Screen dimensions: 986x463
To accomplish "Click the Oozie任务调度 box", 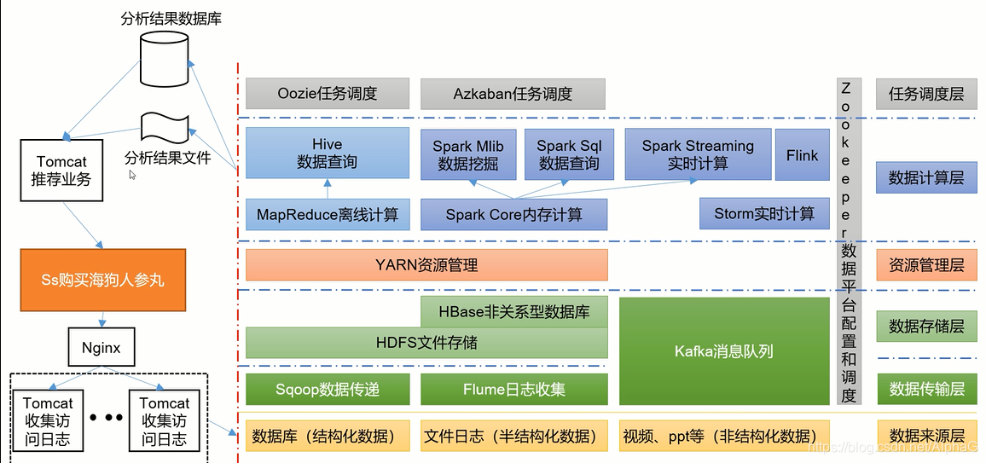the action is (x=328, y=95).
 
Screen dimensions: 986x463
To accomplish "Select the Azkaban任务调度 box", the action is (x=513, y=95).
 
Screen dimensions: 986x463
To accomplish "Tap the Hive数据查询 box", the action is (x=327, y=153).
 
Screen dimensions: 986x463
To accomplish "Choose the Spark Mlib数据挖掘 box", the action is (x=468, y=154).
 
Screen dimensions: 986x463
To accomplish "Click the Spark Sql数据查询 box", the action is (x=569, y=154).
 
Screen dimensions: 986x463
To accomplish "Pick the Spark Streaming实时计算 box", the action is (x=698, y=154).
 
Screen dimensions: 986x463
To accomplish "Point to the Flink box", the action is (x=803, y=154).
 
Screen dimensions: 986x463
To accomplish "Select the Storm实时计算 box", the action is (x=764, y=214).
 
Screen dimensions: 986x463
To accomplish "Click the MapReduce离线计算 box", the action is (x=328, y=215).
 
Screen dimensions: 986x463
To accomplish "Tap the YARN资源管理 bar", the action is (x=427, y=265).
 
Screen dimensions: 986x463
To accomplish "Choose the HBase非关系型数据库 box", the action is (x=514, y=311).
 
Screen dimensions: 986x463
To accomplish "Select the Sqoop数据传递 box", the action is (x=328, y=390).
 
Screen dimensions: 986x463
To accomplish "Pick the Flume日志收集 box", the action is (x=514, y=390).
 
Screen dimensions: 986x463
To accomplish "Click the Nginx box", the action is (x=101, y=346).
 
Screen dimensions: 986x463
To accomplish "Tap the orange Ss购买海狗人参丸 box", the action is (x=103, y=281).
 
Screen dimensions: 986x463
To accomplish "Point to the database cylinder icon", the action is (x=164, y=58).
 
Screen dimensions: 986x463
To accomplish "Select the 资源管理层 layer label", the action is (x=926, y=265).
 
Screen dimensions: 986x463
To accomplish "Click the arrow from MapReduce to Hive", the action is (x=327, y=188).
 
